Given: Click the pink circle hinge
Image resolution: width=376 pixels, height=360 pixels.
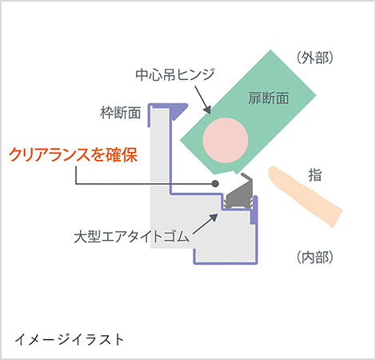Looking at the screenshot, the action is (x=226, y=140).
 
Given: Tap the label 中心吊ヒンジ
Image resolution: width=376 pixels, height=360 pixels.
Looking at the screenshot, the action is (x=175, y=74).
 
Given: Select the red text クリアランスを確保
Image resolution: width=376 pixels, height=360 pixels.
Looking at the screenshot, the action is (x=74, y=154).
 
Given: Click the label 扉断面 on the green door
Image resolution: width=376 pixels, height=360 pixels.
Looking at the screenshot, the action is (x=269, y=98).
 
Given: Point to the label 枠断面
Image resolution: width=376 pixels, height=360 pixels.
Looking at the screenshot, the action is (x=121, y=113).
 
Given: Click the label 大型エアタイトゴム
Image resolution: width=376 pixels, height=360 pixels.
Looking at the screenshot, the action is (x=132, y=236).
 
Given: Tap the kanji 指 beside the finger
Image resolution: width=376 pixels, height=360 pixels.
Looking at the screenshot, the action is (x=315, y=175).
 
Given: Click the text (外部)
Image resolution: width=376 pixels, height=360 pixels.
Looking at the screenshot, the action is (x=315, y=58).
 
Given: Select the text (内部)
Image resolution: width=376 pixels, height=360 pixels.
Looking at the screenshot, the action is (x=315, y=257).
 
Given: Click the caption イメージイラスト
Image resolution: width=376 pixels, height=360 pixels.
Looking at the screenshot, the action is (x=70, y=339).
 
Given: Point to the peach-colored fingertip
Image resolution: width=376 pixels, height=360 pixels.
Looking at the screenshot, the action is (x=274, y=174).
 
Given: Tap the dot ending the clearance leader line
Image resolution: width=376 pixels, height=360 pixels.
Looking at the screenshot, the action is (x=215, y=183).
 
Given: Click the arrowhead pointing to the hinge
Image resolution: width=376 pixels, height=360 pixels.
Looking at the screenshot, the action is (x=207, y=110).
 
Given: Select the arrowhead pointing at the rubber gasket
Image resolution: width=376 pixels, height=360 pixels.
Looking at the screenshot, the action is (x=214, y=218).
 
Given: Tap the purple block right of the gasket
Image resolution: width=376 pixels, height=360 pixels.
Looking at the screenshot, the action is (x=253, y=217).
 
